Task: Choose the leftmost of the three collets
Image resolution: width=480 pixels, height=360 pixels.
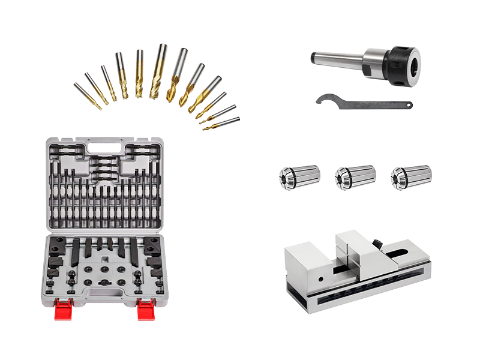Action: [x=299, y=177]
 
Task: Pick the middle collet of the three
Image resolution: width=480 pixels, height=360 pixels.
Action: [x=355, y=177]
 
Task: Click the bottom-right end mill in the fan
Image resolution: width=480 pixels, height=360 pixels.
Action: [x=220, y=124]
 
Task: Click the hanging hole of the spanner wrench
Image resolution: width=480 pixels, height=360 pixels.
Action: [x=409, y=104]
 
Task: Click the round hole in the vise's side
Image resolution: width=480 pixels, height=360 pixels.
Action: [x=320, y=278]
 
